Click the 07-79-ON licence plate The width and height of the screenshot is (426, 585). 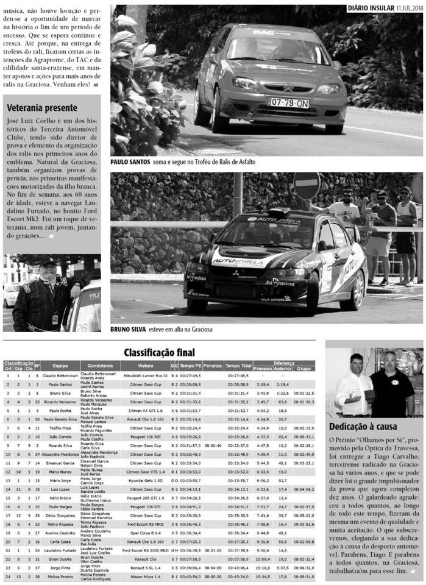click(289, 103)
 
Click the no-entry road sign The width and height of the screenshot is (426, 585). click(307, 185)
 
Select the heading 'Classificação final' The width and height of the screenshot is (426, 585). click(160, 352)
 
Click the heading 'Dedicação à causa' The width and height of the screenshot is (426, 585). click(363, 426)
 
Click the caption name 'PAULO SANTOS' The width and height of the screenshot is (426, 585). click(132, 163)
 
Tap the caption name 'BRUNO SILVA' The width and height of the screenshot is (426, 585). click(128, 330)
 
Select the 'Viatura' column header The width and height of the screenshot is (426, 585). click(145, 366)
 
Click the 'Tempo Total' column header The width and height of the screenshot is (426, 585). click(238, 366)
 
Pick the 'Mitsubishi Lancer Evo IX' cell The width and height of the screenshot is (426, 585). click(145, 376)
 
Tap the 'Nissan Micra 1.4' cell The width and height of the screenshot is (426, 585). click(145, 576)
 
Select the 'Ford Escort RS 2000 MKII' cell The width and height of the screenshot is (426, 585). click(145, 550)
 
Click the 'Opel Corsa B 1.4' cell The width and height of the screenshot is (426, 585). click(145, 533)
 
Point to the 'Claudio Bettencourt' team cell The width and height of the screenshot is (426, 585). click(60, 376)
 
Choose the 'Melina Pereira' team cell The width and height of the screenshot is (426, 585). click(60, 576)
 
